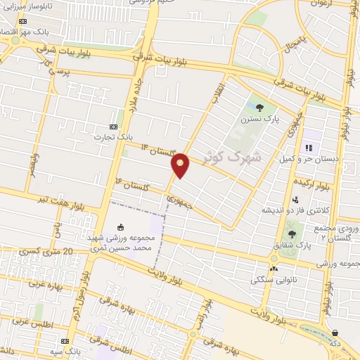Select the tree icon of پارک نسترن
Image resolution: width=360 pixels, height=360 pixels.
[x=260, y=108]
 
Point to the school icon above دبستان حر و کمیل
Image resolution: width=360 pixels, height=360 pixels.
[x=307, y=148]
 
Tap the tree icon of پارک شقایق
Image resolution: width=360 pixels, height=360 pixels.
[x=292, y=234]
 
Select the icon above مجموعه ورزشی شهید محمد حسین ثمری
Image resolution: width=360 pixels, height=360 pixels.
[x=120, y=227]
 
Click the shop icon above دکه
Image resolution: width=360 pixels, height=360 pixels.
[x=335, y=333]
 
